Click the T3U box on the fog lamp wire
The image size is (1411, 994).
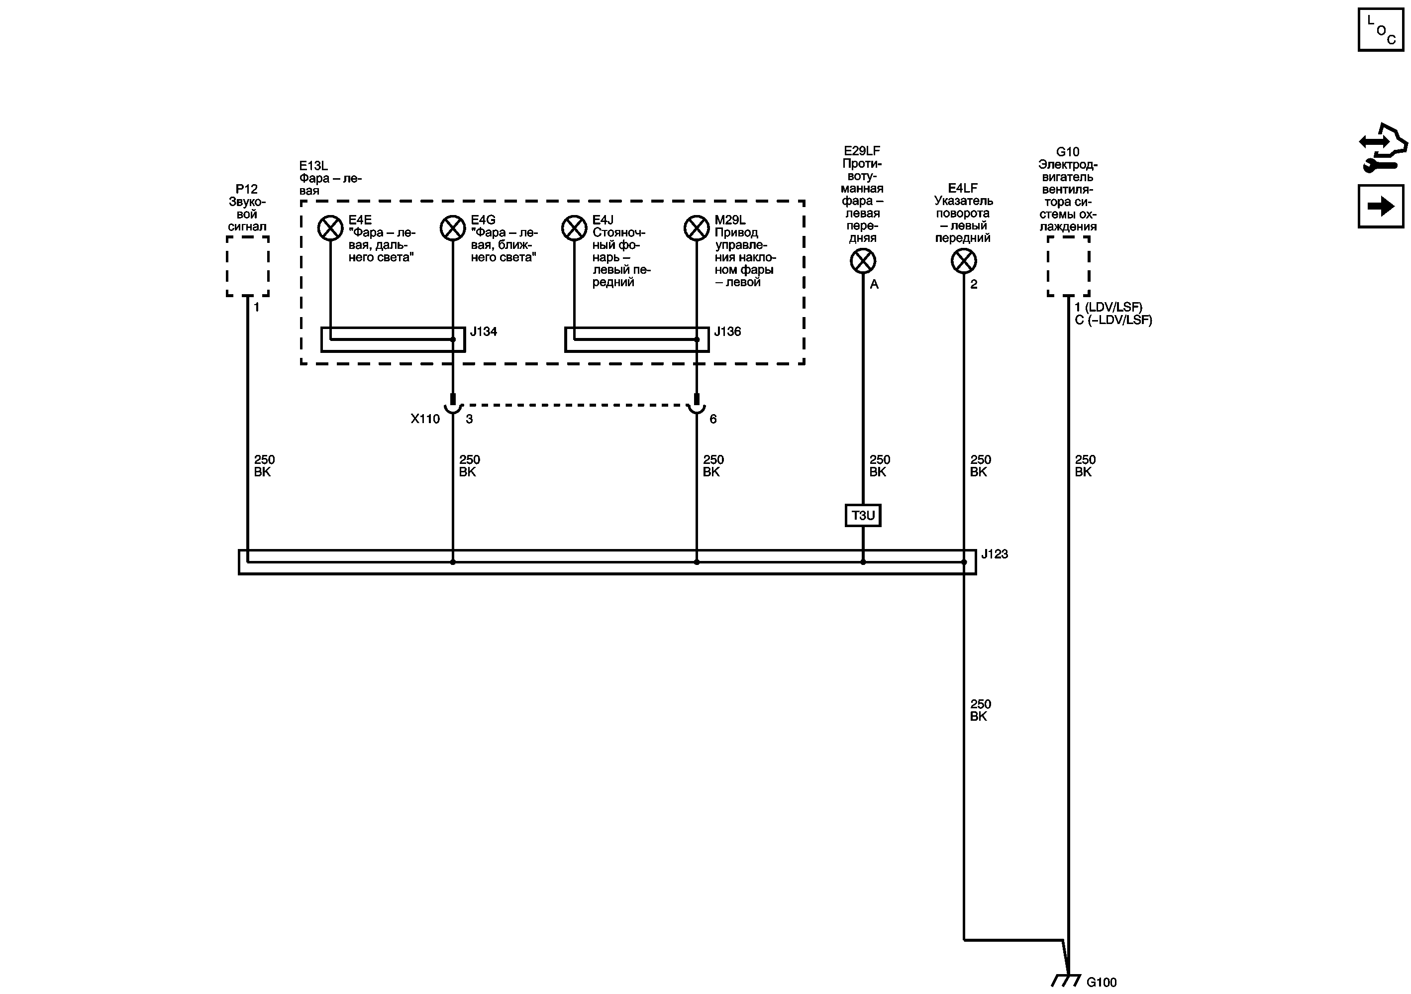[863, 515]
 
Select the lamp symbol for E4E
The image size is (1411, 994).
[330, 228]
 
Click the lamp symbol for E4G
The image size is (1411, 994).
[453, 228]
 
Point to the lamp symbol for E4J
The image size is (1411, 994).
[575, 228]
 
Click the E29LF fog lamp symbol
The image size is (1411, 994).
[863, 261]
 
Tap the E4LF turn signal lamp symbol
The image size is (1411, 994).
[964, 261]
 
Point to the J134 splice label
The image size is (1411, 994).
[484, 332]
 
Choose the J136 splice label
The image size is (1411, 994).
[727, 332]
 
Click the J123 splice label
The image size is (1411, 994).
[995, 554]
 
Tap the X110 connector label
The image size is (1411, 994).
[425, 419]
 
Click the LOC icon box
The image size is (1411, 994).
[1381, 29]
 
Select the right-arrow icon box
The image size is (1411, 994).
[1381, 206]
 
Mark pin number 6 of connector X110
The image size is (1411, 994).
[713, 419]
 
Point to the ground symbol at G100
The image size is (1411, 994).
[1066, 980]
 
